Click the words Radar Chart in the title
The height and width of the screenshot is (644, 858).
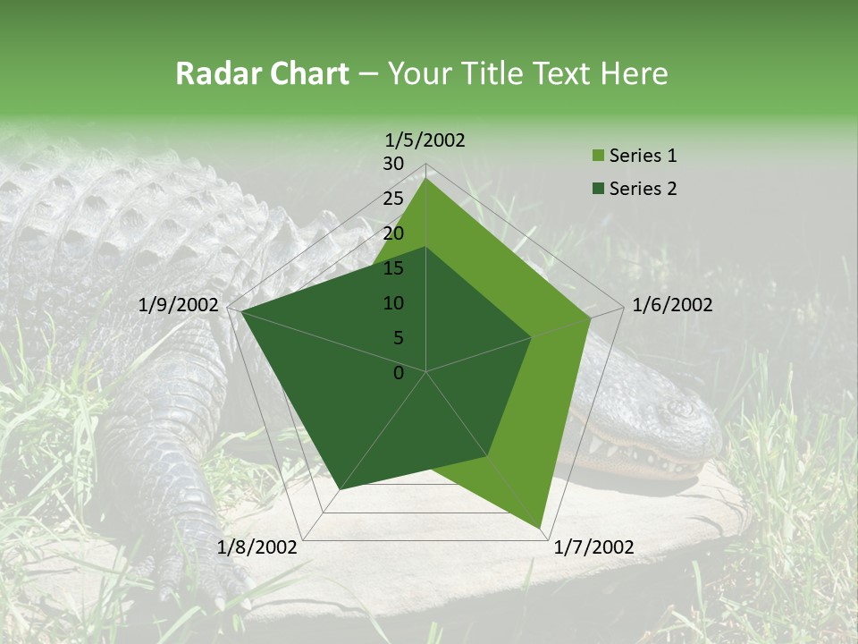[262, 74]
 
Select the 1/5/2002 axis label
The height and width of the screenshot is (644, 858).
[425, 140]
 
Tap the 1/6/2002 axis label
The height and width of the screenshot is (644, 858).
[672, 305]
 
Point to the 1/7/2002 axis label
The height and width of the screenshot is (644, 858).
[594, 547]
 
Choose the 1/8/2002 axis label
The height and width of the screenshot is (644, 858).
[257, 547]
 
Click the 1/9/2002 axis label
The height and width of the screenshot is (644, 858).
[179, 305]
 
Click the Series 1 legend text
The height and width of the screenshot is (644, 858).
[643, 156]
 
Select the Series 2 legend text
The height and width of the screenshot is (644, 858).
[643, 188]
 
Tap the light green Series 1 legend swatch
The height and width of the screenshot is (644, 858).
[598, 157]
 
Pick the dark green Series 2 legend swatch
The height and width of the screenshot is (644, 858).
[598, 189]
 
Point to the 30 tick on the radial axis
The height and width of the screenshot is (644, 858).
[393, 164]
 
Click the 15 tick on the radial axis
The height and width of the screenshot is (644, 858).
[393, 268]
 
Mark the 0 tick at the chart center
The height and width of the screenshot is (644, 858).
[399, 372]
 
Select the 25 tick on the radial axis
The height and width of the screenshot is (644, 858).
[393, 199]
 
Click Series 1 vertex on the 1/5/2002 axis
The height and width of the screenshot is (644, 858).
[426, 178]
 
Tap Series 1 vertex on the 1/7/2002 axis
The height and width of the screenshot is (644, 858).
[541, 528]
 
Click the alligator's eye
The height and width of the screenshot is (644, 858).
[672, 410]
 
